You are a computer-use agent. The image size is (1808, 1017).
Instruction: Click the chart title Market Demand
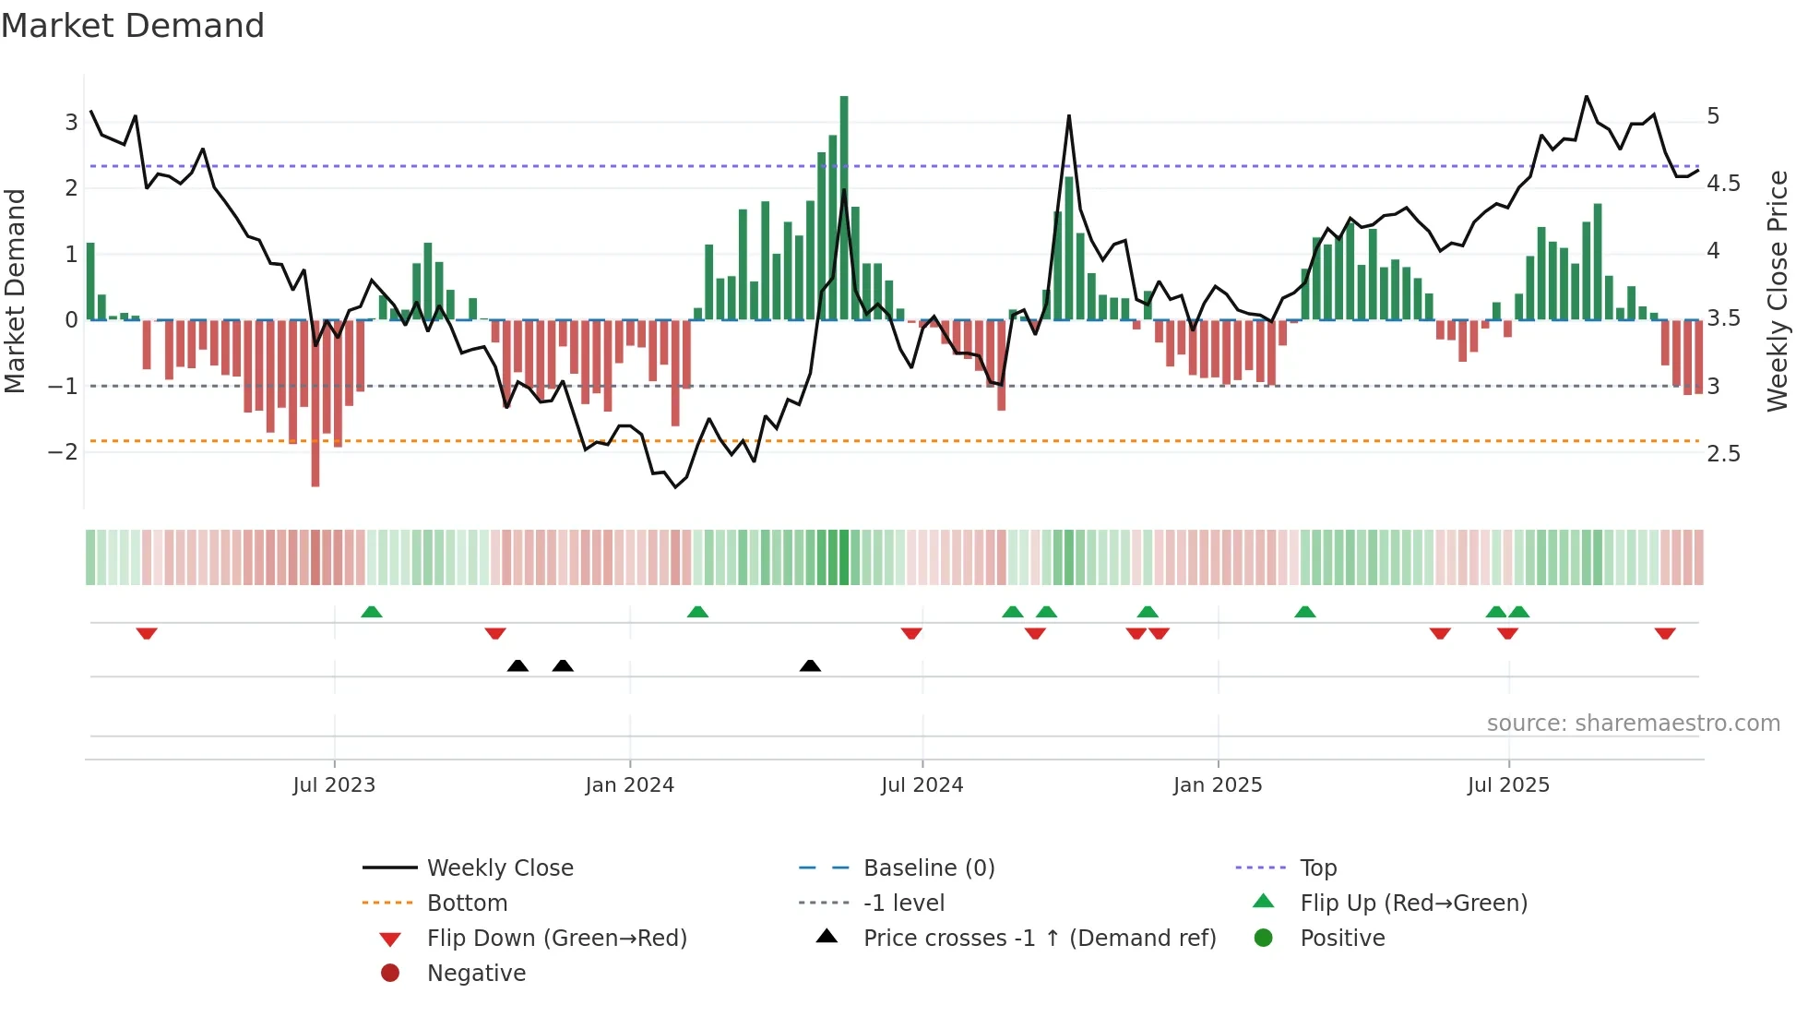tap(133, 26)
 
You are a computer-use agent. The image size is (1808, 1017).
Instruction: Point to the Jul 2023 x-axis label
tap(334, 785)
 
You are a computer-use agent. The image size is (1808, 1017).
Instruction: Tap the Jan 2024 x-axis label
tap(630, 785)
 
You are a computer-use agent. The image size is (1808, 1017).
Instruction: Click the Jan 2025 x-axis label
tap(1218, 785)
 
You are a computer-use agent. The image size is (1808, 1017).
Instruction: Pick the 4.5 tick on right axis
tap(1723, 184)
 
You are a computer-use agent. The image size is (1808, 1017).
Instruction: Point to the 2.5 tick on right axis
tap(1723, 454)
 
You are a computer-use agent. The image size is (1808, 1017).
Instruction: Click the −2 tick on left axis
tap(63, 452)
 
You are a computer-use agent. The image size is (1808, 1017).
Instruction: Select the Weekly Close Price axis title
tap(1778, 291)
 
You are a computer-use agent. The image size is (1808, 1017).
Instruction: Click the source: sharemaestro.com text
tap(1633, 724)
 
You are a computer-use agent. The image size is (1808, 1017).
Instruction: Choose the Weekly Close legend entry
tap(500, 868)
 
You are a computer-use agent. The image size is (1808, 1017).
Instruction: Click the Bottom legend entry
tap(467, 903)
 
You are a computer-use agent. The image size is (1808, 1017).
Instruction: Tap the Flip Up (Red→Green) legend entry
tap(1413, 903)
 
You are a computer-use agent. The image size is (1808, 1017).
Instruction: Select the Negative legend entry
tap(476, 974)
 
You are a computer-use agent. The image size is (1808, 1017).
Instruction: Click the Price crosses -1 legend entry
tap(1040, 939)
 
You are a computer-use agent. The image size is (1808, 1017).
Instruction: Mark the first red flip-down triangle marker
tap(147, 633)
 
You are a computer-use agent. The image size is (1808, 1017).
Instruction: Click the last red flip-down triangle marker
tap(1665, 633)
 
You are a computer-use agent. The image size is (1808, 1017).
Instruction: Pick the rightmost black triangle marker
tap(810, 665)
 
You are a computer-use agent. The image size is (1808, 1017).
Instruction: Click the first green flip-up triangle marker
tap(371, 612)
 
